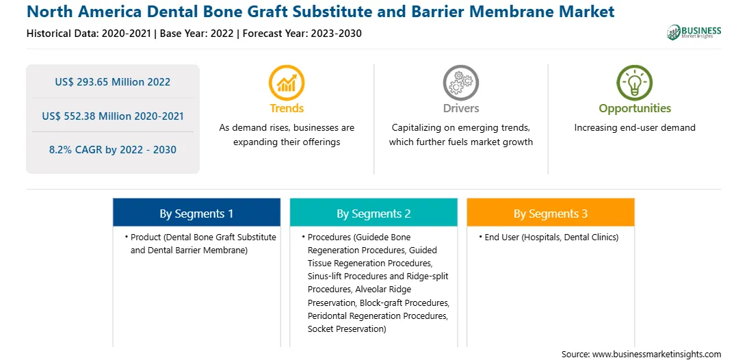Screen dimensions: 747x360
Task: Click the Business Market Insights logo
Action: (x=694, y=32)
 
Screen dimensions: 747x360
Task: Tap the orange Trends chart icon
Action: (x=287, y=83)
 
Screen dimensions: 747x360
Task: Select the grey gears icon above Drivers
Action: (x=460, y=83)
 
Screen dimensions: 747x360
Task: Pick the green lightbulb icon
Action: (x=635, y=83)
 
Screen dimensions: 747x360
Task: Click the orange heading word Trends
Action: (x=287, y=108)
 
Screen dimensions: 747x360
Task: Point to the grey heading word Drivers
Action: (x=461, y=108)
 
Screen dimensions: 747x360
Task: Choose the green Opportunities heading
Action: (x=635, y=109)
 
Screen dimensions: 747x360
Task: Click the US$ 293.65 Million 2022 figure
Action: (x=112, y=82)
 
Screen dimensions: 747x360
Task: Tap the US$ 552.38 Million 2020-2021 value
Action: (x=112, y=116)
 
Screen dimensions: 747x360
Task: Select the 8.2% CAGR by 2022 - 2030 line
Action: (x=112, y=150)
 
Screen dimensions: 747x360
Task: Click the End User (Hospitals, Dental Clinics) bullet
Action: (x=549, y=237)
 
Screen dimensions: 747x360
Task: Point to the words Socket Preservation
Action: (x=345, y=329)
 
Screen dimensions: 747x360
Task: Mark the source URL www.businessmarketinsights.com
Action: (x=657, y=355)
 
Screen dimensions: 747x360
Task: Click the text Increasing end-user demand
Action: (x=635, y=128)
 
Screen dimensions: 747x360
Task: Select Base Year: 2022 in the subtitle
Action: (x=197, y=34)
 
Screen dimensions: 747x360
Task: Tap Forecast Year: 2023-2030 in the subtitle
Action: (x=302, y=34)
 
